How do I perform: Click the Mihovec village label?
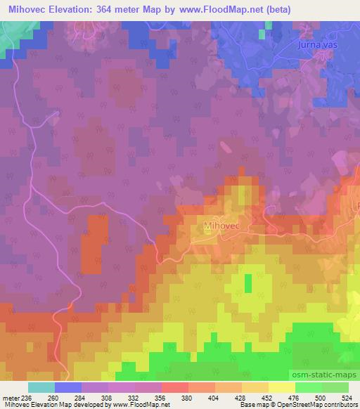tap(223, 226)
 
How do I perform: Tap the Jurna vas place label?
tap(315, 45)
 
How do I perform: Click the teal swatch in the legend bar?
tap(41, 387)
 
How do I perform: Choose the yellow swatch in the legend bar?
tap(281, 387)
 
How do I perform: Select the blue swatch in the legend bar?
tap(68, 387)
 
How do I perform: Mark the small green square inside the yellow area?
tap(248, 283)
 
